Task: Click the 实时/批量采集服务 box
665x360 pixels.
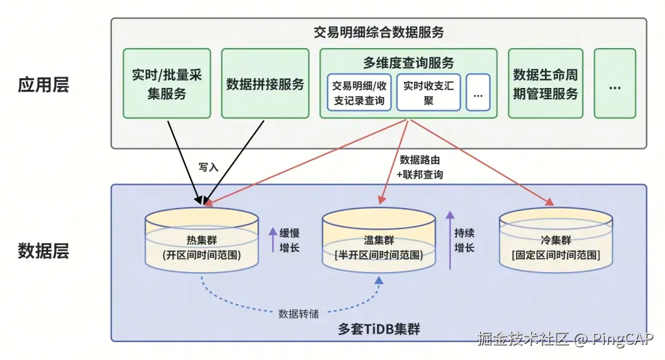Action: click(x=167, y=84)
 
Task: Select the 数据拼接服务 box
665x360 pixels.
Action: click(x=265, y=84)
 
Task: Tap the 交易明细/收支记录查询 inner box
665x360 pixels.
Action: click(x=358, y=92)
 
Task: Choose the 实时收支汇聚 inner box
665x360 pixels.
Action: click(x=428, y=92)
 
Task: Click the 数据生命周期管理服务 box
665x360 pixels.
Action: click(x=546, y=84)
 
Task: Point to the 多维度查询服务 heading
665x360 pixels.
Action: click(x=409, y=62)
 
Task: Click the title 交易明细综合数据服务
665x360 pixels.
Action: click(x=379, y=32)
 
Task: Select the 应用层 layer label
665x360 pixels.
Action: click(x=43, y=84)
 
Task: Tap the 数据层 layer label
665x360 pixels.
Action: click(x=43, y=251)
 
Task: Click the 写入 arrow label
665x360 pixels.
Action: click(x=208, y=167)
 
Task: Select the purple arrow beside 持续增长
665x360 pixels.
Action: click(x=450, y=240)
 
